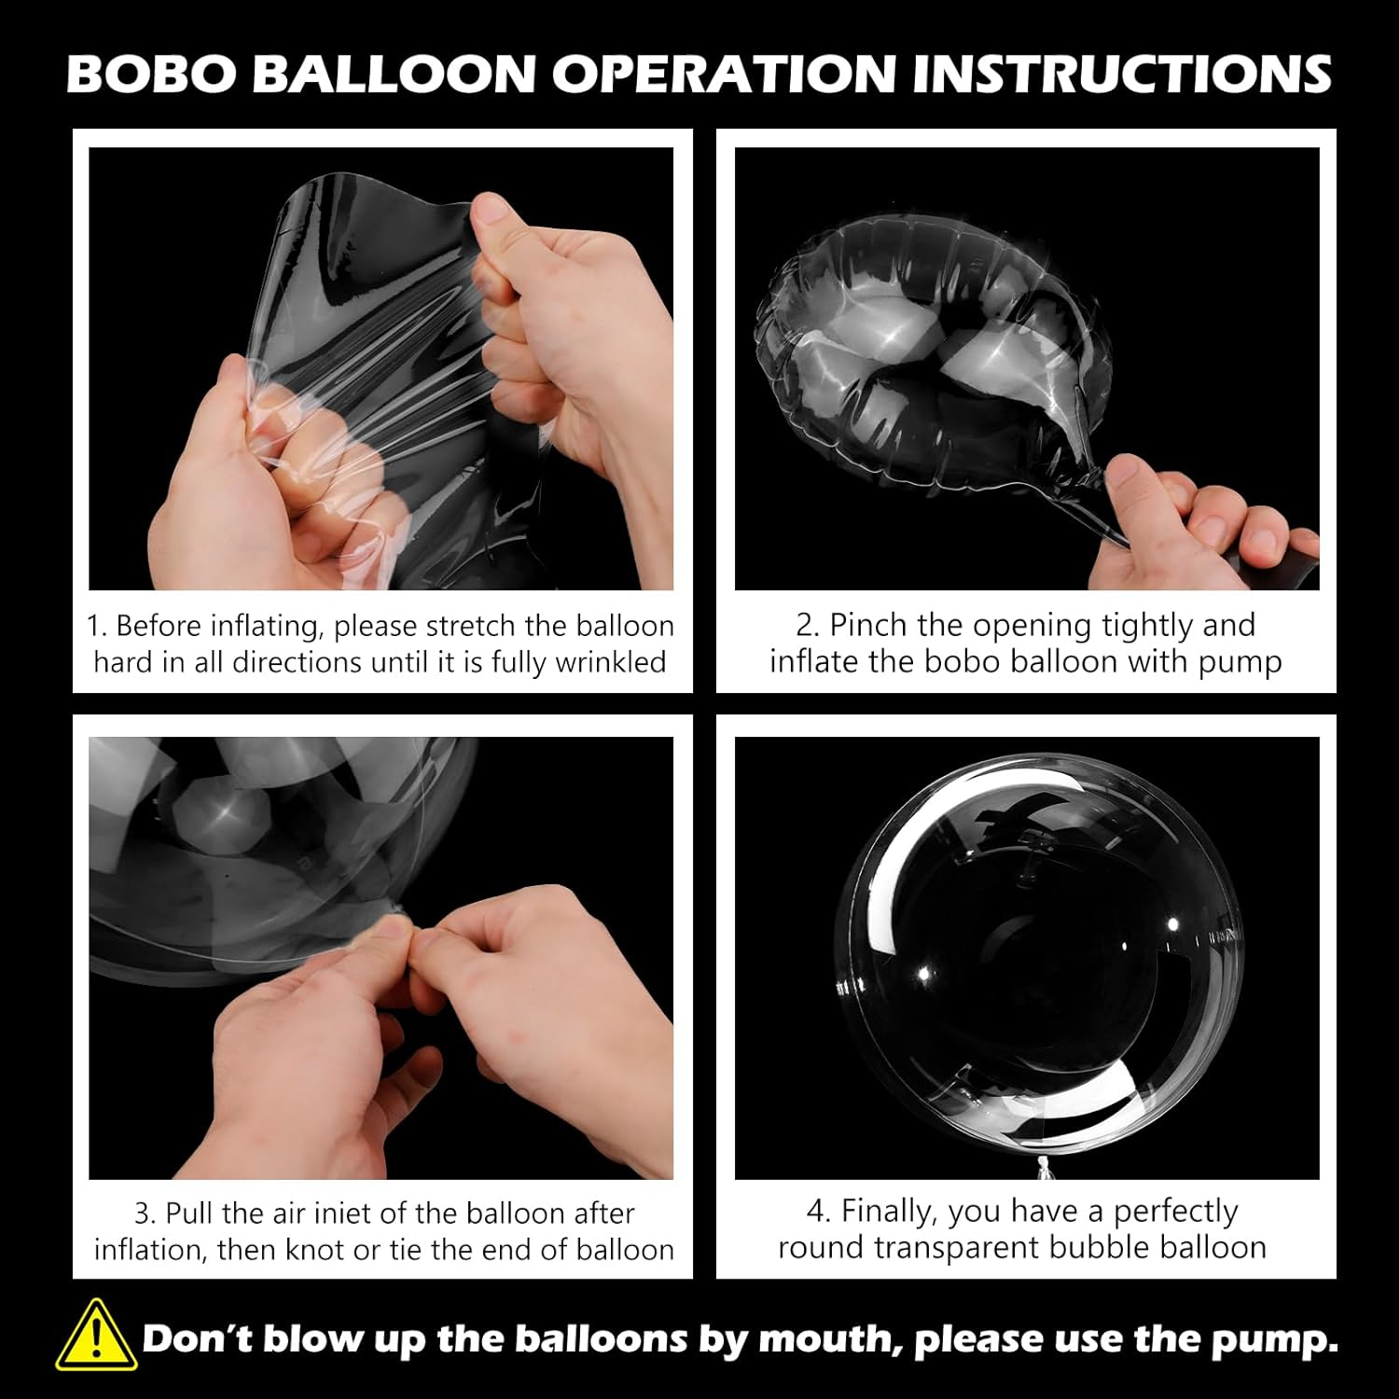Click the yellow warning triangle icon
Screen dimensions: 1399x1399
[x=96, y=1337]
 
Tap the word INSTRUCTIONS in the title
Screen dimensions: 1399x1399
[x=1121, y=74]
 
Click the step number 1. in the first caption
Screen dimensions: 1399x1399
[x=97, y=626]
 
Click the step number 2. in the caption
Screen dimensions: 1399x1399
[x=808, y=625]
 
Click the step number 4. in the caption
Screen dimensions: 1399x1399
[x=818, y=1212]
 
